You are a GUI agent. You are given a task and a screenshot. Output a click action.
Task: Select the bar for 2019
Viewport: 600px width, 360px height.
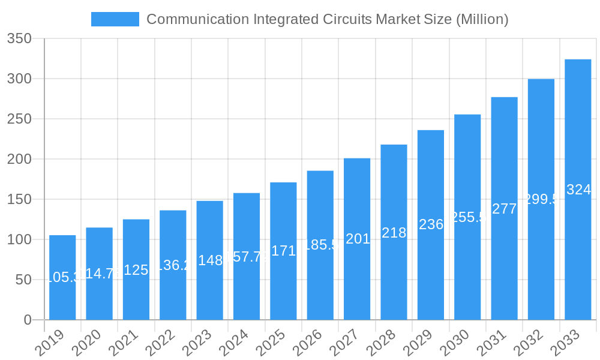tap(62, 277)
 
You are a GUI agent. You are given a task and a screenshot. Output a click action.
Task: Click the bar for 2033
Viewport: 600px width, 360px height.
tap(578, 190)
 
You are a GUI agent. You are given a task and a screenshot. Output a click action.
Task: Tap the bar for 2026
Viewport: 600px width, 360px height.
tap(320, 245)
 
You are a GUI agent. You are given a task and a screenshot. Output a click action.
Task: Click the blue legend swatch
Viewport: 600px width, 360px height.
tap(115, 19)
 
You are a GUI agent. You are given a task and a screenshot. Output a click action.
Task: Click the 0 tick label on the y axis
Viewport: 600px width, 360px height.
tap(28, 320)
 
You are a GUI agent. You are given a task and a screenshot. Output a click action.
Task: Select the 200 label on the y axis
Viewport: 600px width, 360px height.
tap(19, 160)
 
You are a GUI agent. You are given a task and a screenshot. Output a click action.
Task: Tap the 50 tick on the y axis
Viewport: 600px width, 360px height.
tap(23, 280)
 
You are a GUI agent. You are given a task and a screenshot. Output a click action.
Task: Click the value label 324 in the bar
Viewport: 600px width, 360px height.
tap(578, 190)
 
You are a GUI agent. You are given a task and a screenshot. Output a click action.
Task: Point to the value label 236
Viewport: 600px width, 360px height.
tap(431, 224)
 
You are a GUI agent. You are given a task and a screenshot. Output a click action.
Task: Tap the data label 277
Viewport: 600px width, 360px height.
tap(504, 209)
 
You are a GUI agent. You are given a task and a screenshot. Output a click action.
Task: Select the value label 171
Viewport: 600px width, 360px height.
tap(283, 251)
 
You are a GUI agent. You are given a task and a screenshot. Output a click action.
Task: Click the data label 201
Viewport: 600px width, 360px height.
tap(357, 239)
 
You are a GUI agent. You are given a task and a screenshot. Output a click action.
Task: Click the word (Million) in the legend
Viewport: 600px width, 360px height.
tap(482, 19)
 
